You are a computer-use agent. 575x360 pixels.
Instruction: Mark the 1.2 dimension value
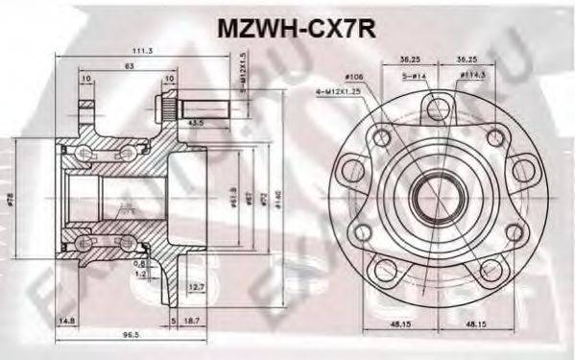(140, 273)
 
